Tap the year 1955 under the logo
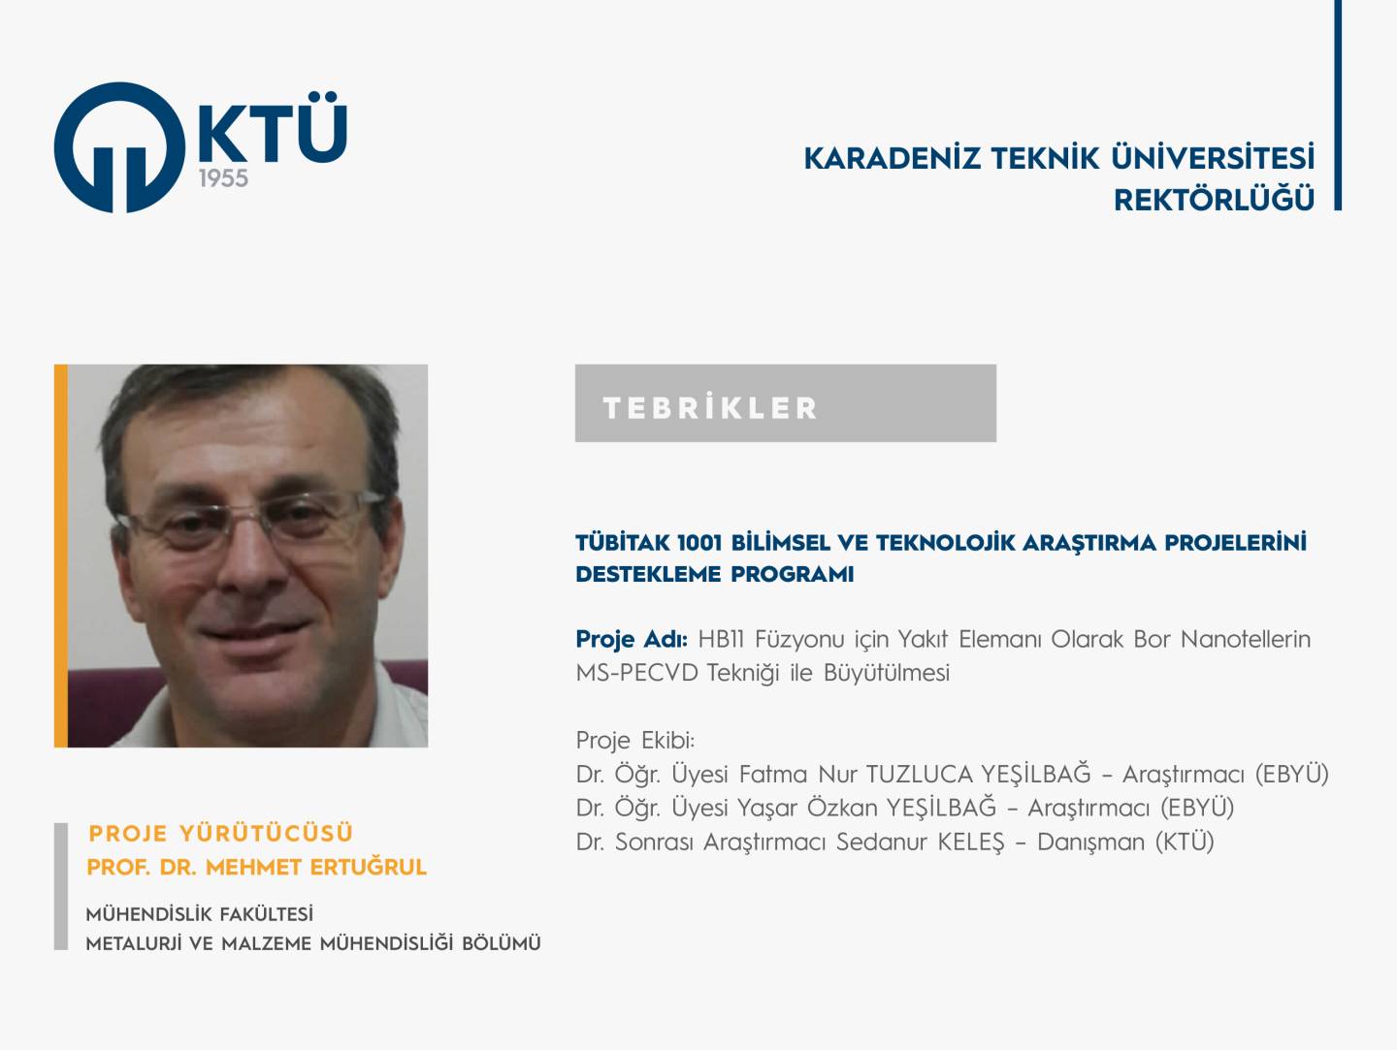223,178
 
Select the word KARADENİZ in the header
892,158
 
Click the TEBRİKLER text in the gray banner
710,408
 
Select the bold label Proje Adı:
632,639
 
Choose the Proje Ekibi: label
635,741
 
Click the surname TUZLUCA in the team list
920,774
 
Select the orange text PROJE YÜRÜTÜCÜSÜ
221,833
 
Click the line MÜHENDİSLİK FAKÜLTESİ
200,914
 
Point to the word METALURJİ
133,943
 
